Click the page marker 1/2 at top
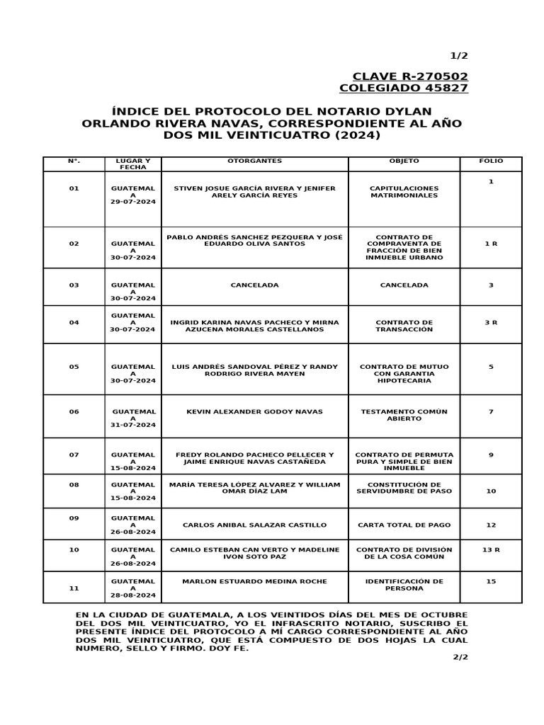coord(459,56)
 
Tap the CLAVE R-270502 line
coord(410,76)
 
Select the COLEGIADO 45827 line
coord(403,89)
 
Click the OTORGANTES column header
coord(254,161)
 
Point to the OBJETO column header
coord(404,161)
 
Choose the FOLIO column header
coord(490,161)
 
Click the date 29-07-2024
coord(132,202)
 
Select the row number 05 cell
coord(74,367)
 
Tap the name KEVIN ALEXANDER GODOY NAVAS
coord(254,411)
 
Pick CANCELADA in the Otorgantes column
coord(254,285)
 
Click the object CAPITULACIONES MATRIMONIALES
coord(404,192)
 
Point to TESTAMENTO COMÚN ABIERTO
coord(404,415)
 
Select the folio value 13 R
coord(490,549)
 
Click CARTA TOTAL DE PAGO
coord(404,525)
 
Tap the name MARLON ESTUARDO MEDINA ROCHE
coord(254,581)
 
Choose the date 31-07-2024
coord(132,425)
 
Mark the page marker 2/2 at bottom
coord(460,657)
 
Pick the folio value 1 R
coord(490,244)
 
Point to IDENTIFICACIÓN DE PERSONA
coord(404,585)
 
